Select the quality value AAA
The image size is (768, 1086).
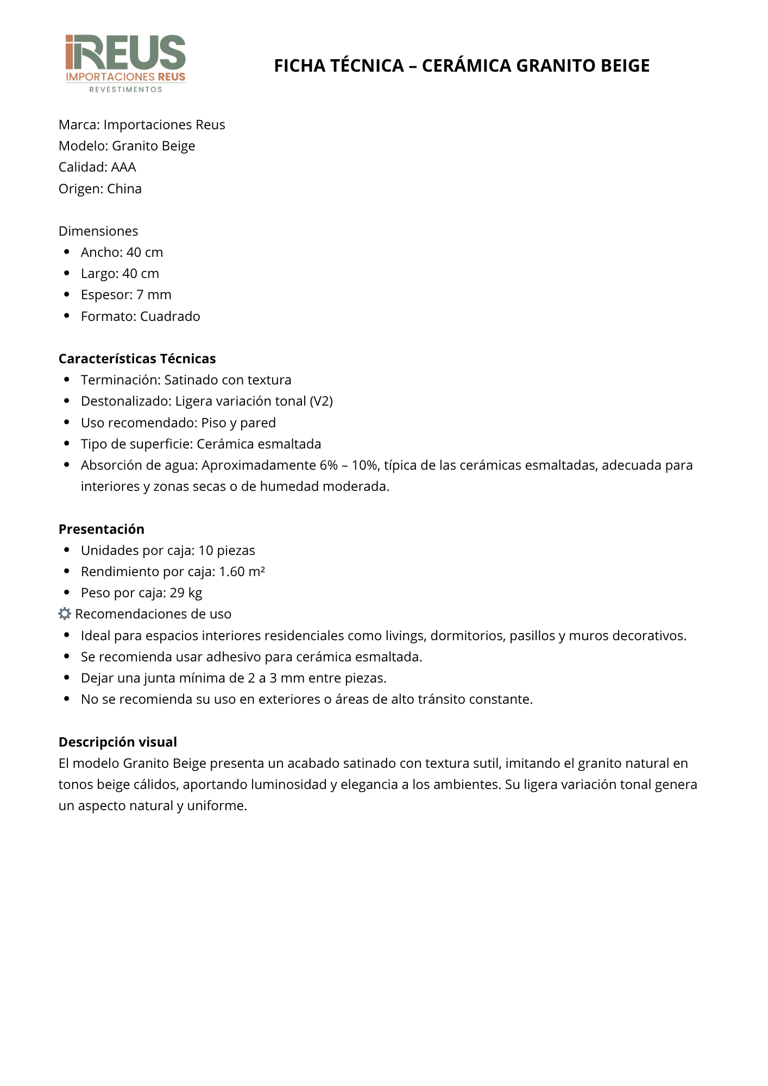click(x=123, y=167)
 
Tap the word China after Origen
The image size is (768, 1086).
click(x=124, y=189)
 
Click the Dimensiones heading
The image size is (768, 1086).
click(x=98, y=231)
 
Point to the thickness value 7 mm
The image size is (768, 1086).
click(x=154, y=295)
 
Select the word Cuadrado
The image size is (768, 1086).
click(x=170, y=317)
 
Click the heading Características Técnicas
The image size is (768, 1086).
click(x=137, y=359)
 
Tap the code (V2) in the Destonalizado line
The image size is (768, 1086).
click(x=321, y=401)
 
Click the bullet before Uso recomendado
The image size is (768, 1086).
click(x=67, y=422)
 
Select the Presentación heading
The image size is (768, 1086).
click(x=102, y=529)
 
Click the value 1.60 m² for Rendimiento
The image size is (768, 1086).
click(x=242, y=572)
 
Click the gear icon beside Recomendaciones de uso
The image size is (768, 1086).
click(x=65, y=614)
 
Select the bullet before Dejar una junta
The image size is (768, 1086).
click(x=67, y=678)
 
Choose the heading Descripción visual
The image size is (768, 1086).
click(x=118, y=742)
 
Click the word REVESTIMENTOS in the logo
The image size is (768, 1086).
click(x=125, y=90)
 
